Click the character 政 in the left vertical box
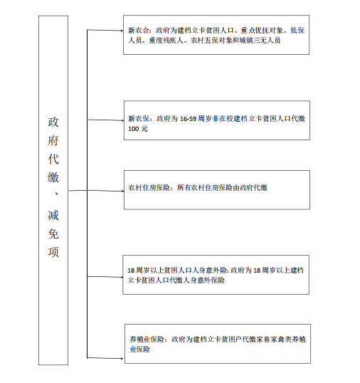click(x=53, y=122)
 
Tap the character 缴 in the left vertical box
click(x=53, y=177)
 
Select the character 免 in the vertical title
click(x=53, y=234)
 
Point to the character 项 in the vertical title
click(x=53, y=252)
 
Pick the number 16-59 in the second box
click(x=188, y=119)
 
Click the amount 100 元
click(x=138, y=129)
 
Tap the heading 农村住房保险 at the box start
click(x=149, y=188)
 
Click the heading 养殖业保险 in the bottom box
click(x=147, y=340)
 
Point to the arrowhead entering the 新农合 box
click(x=122, y=31)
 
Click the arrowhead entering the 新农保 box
click(x=123, y=120)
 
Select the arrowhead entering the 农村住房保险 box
click(x=123, y=191)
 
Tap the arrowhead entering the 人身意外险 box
click(x=122, y=277)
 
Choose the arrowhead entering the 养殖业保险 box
click(x=122, y=359)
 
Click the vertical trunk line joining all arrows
click(x=87, y=194)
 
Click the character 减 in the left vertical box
click(x=53, y=215)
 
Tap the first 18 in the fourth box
click(x=131, y=271)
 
